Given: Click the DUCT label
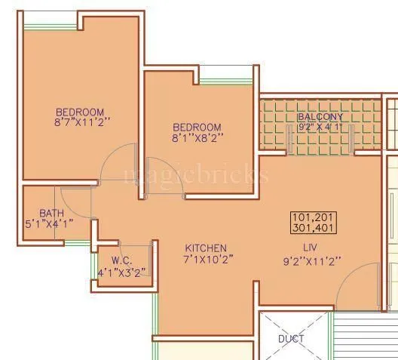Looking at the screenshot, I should pos(291,339).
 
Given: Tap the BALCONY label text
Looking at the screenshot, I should pos(320,117).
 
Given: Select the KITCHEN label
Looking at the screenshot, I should pos(206,248).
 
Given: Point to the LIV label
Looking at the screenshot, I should pos(308,248).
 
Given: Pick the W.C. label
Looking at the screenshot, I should pos(122,260).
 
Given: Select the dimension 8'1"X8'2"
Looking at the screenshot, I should pos(197,137).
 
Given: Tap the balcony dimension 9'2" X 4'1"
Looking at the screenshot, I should pos(320,127).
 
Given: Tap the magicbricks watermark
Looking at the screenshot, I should pos(195,176).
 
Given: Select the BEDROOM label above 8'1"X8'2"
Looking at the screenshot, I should pos(197,126).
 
